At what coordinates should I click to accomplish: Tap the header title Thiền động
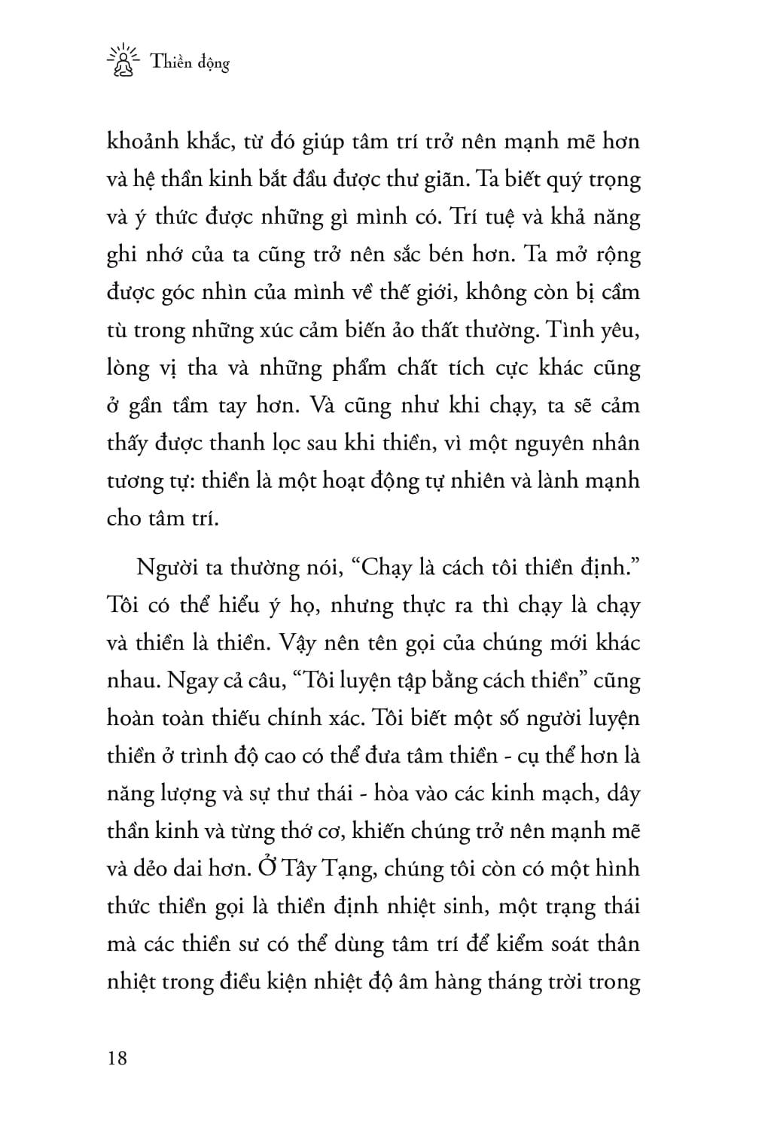(x=190, y=63)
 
